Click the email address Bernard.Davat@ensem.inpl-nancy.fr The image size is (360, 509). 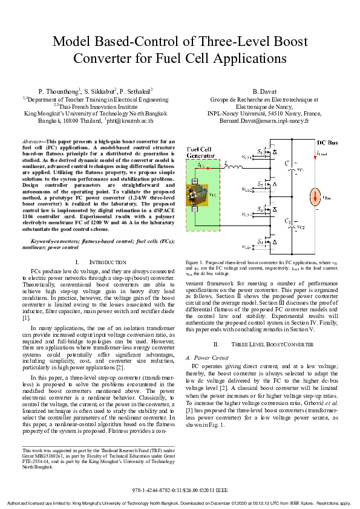[264, 120]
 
